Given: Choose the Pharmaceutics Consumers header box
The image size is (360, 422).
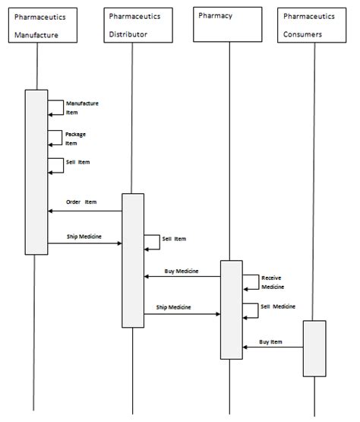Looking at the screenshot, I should click(x=315, y=26).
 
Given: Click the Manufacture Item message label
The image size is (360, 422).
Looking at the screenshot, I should click(x=81, y=107).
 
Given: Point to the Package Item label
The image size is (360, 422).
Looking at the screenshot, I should click(x=75, y=138).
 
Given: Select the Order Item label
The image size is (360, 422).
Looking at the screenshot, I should click(x=81, y=202).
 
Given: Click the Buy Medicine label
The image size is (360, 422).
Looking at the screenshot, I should click(x=182, y=271).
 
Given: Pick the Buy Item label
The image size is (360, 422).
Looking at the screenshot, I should click(x=271, y=341).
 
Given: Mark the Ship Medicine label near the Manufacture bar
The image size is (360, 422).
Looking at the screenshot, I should click(x=84, y=236).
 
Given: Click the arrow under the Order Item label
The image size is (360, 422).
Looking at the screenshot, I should click(x=84, y=211).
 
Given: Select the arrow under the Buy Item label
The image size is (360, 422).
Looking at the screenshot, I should click(x=273, y=348).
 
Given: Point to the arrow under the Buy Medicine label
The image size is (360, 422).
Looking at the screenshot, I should click(x=182, y=277).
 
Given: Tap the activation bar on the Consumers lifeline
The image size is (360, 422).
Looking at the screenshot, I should click(x=314, y=348).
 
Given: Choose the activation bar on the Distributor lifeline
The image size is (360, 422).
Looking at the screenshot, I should click(x=133, y=260).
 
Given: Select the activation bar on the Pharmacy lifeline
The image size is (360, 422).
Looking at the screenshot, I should click(x=232, y=309).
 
